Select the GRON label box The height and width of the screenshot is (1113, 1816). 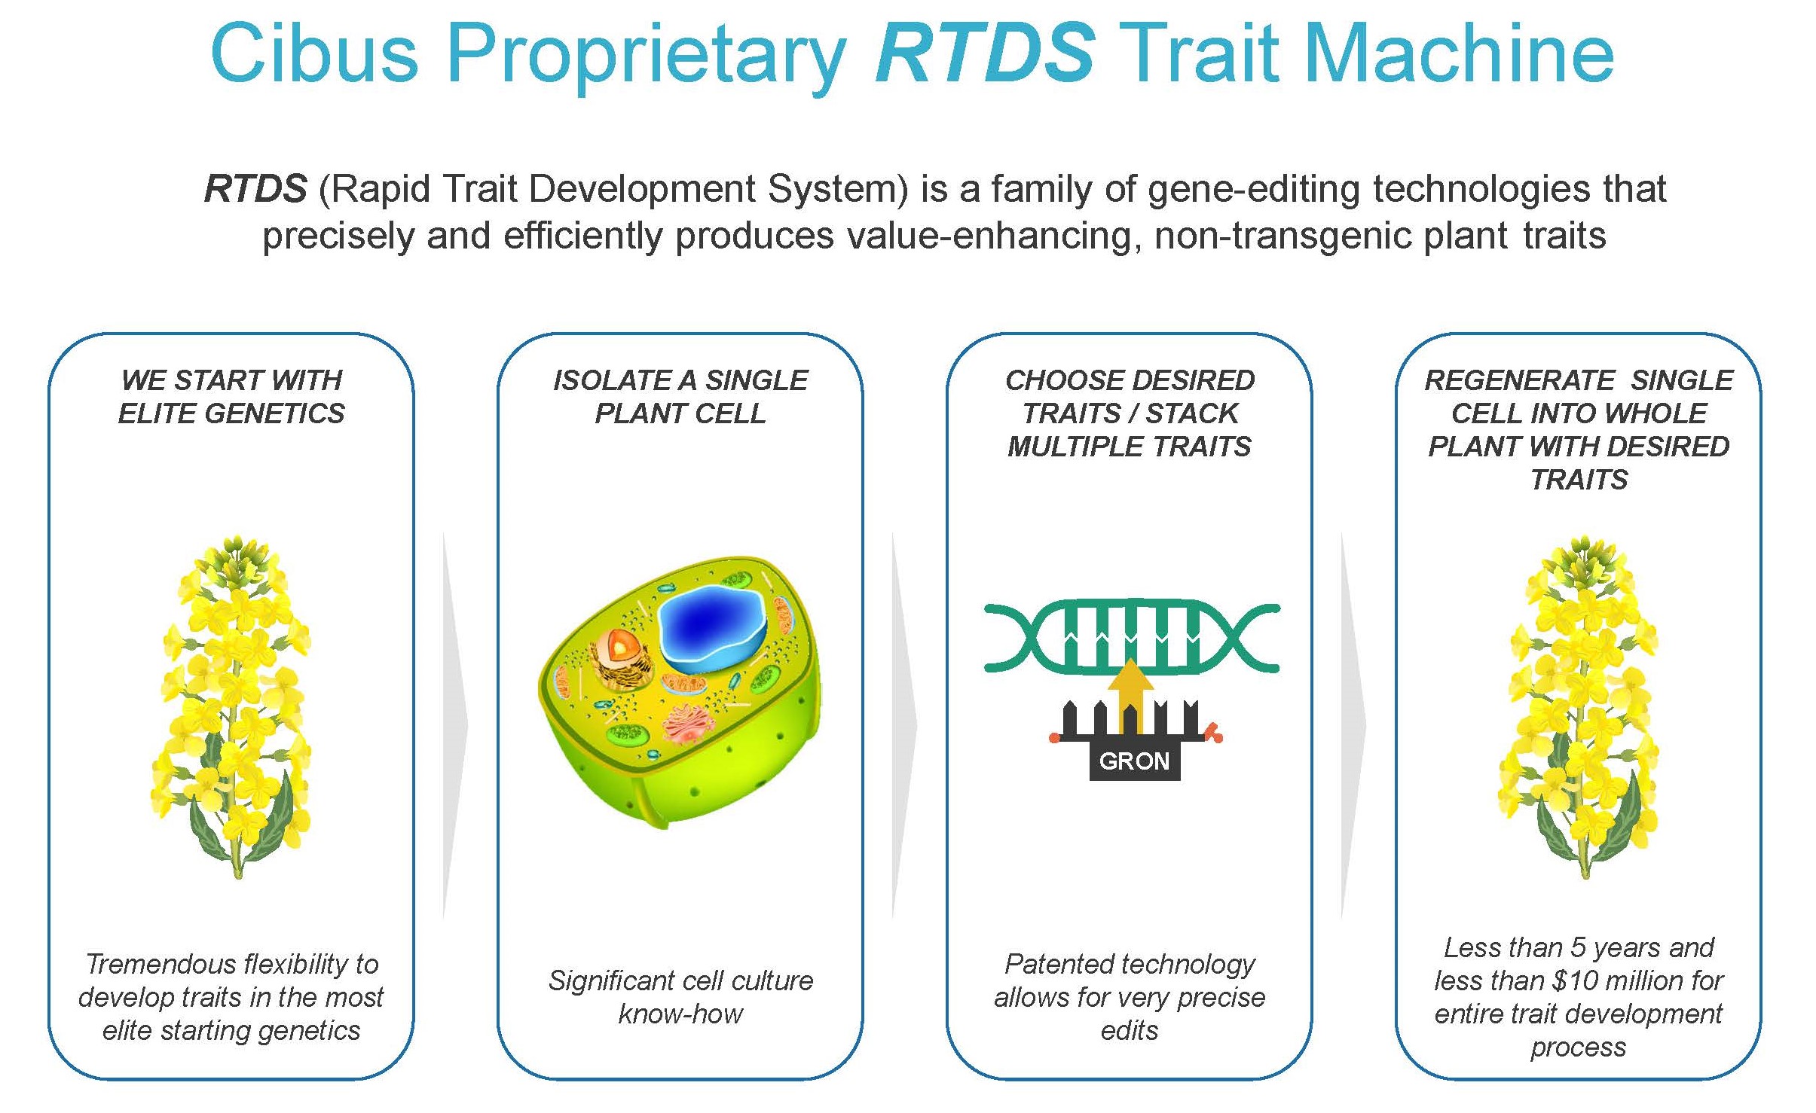point(1134,761)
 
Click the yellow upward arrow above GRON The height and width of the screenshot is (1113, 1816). point(1130,693)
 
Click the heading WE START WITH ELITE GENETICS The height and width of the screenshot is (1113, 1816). point(231,397)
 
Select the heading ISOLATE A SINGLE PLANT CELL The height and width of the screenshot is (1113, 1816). point(680,397)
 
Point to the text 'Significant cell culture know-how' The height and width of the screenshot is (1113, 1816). point(680,997)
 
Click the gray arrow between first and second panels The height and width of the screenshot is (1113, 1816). point(454,725)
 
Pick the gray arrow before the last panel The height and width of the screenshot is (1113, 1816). point(1353,725)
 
